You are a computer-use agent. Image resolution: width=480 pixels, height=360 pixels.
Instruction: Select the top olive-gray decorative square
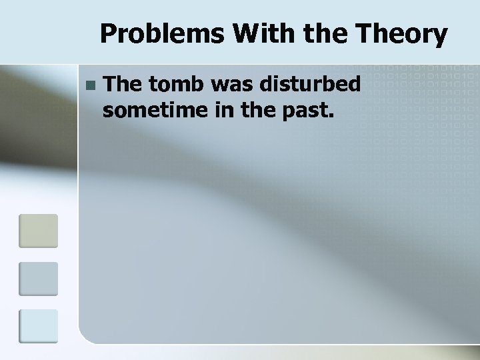coord(38,231)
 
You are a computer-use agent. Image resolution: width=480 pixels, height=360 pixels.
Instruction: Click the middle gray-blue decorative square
coord(38,279)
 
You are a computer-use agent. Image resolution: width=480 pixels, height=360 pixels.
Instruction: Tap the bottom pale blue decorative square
coord(38,327)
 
